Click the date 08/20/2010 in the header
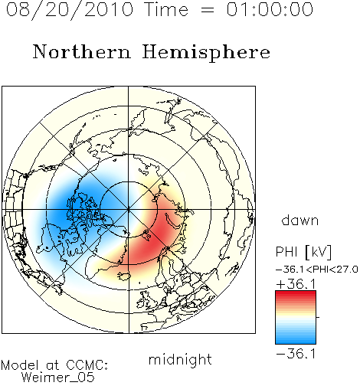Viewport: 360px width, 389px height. pos(70,9)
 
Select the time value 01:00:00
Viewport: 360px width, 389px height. pos(270,9)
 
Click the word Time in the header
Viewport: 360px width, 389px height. pos(166,9)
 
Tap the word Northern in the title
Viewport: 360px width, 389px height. pos(81,51)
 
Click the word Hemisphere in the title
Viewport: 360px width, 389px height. pos(206,53)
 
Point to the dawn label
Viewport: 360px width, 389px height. pos(300,220)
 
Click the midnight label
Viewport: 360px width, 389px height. pos(180,359)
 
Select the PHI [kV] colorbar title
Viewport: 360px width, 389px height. pos(303,252)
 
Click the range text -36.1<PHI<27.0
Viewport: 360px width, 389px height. pos(317,270)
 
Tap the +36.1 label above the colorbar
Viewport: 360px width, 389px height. pos(296,284)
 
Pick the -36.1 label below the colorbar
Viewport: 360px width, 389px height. pos(296,354)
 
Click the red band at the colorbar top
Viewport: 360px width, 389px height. pos(296,294)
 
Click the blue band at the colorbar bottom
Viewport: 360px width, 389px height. pos(296,341)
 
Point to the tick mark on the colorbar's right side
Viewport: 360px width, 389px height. pos(318,317)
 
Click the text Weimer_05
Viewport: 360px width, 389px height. pos(58,378)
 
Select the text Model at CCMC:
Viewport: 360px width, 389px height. pos(54,365)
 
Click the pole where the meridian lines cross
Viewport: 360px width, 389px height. pos(129,210)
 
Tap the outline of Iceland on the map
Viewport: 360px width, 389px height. pos(124,276)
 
